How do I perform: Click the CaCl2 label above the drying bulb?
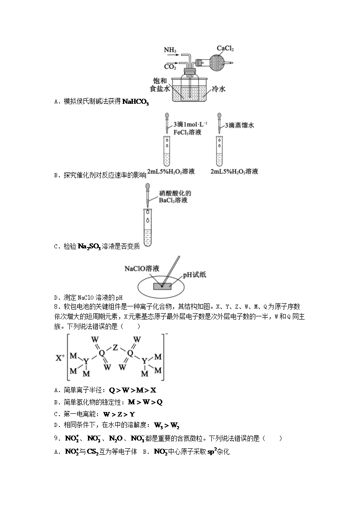pos(225,48)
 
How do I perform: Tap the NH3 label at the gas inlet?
pos(170,49)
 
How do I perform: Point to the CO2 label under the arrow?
pos(170,67)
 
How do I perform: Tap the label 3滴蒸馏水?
pos(239,125)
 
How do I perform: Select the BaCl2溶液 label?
pos(173,200)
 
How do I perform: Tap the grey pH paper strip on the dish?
pos(162,286)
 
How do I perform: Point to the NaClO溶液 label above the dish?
pos(142,268)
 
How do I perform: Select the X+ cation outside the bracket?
pos(61,358)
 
